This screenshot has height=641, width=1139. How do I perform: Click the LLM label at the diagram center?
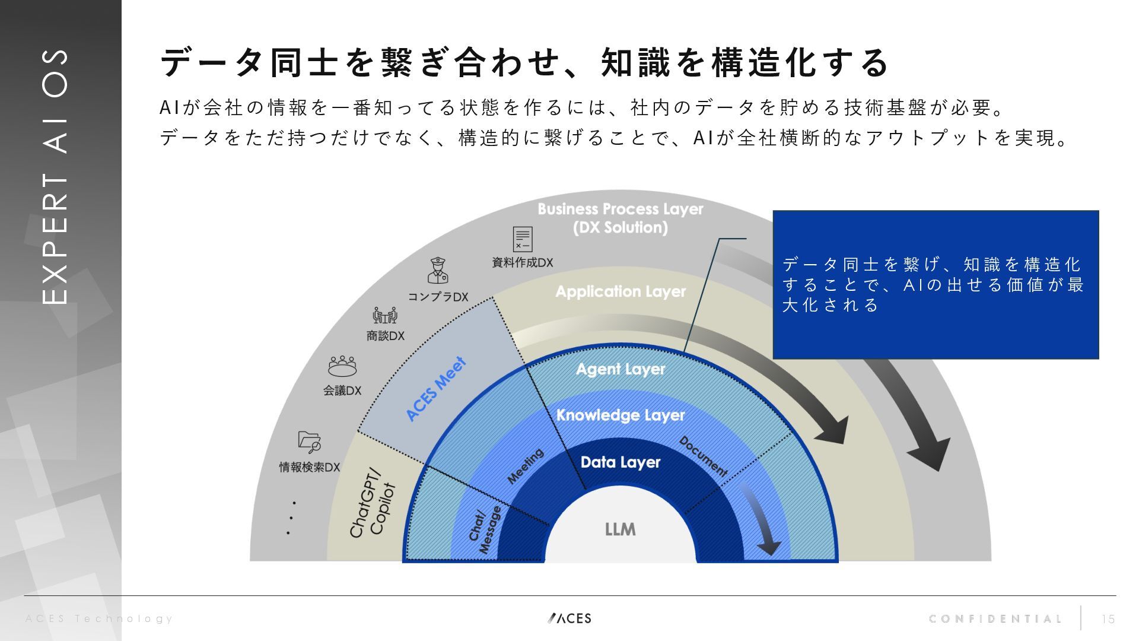(620, 529)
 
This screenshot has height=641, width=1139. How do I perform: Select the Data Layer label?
(620, 462)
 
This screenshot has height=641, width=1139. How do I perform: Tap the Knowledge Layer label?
(620, 415)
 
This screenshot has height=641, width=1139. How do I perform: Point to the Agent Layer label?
(620, 369)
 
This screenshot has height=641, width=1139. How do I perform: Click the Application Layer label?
(620, 291)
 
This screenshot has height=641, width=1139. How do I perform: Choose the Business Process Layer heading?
(620, 218)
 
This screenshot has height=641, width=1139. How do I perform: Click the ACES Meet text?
(436, 389)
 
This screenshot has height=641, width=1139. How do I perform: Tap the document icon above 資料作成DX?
(523, 239)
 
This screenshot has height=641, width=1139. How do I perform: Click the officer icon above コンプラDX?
(438, 271)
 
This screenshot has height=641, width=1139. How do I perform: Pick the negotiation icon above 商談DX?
(385, 315)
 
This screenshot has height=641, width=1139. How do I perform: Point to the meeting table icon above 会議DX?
(342, 366)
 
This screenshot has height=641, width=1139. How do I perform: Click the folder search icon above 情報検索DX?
(309, 441)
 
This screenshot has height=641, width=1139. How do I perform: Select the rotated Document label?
(703, 456)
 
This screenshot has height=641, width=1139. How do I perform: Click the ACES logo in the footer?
(569, 618)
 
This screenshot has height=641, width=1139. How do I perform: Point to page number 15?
(1108, 619)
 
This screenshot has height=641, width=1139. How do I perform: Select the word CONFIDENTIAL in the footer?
(995, 619)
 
